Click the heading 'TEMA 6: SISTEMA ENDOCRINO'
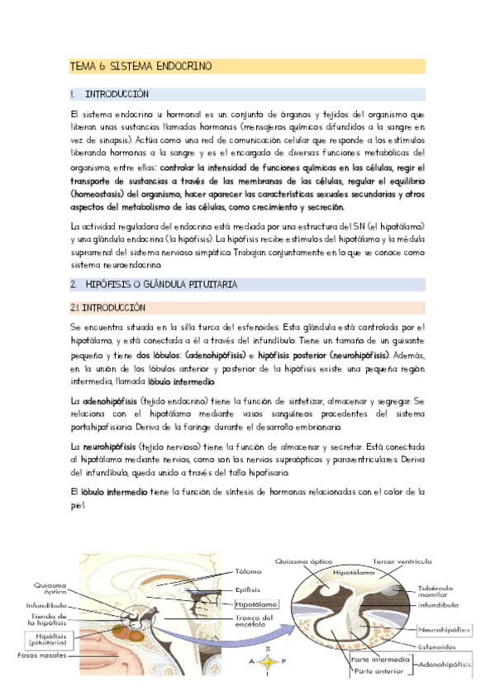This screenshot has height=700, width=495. (x=140, y=65)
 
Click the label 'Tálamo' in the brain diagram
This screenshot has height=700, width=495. (x=248, y=570)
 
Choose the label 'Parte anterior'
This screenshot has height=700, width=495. (x=379, y=672)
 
